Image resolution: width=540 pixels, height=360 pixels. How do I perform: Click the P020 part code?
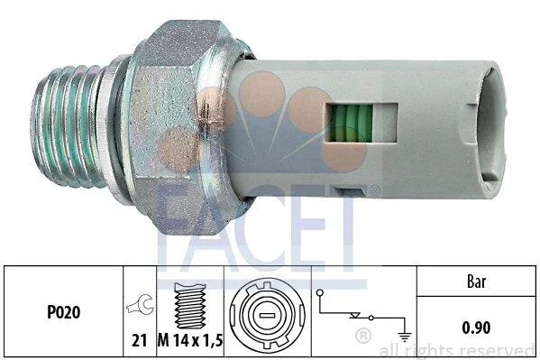click(x=63, y=312)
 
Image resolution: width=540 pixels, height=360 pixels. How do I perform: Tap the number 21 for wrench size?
click(x=139, y=341)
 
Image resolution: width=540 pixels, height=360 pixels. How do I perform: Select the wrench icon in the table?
click(x=140, y=304)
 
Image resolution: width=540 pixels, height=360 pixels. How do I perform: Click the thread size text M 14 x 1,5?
click(x=190, y=341)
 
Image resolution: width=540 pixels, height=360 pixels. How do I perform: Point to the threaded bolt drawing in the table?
click(x=190, y=306)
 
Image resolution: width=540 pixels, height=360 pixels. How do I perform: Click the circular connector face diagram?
click(x=267, y=316)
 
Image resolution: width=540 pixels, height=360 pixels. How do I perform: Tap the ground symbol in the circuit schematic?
click(x=404, y=336)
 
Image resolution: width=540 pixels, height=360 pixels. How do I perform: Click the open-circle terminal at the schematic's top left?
click(x=320, y=292)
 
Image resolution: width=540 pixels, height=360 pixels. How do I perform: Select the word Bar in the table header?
click(x=476, y=282)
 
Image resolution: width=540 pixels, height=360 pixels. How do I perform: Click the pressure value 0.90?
click(x=476, y=328)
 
